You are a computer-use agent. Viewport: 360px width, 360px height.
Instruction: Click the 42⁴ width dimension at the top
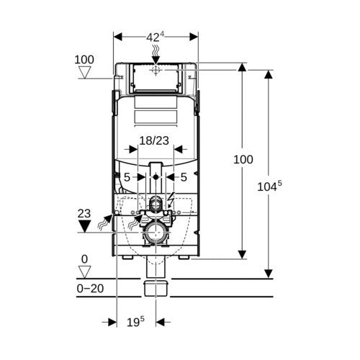[156, 37]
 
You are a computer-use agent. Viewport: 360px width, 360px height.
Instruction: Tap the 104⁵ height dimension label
[269, 186]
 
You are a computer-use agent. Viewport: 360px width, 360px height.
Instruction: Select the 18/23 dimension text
[154, 140]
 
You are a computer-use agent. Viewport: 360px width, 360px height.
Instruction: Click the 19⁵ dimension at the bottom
[135, 322]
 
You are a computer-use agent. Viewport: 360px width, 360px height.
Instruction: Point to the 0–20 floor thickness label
[90, 288]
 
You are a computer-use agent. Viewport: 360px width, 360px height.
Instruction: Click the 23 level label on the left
[84, 213]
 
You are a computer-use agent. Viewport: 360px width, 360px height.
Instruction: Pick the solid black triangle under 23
[84, 226]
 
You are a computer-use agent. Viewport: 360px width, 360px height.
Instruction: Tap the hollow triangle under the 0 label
[85, 272]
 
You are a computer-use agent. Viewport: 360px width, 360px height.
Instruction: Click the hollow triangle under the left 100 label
[85, 73]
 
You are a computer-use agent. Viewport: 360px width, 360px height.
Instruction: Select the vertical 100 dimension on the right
[243, 159]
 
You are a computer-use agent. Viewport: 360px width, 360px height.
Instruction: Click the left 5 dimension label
[127, 177]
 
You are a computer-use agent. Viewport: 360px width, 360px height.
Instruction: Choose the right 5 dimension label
[184, 177]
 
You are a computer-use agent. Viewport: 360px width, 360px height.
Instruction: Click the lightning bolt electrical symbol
[171, 199]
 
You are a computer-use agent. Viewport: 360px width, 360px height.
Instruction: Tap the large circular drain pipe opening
[156, 233]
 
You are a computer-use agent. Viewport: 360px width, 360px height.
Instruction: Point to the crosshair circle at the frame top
[156, 70]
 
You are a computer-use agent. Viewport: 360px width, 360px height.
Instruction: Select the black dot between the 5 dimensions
[156, 177]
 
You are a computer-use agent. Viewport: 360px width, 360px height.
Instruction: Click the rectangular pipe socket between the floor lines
[156, 289]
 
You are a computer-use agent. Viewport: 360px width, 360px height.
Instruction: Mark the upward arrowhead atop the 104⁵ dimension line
[269, 74]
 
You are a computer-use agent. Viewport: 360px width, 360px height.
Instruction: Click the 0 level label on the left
[84, 259]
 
